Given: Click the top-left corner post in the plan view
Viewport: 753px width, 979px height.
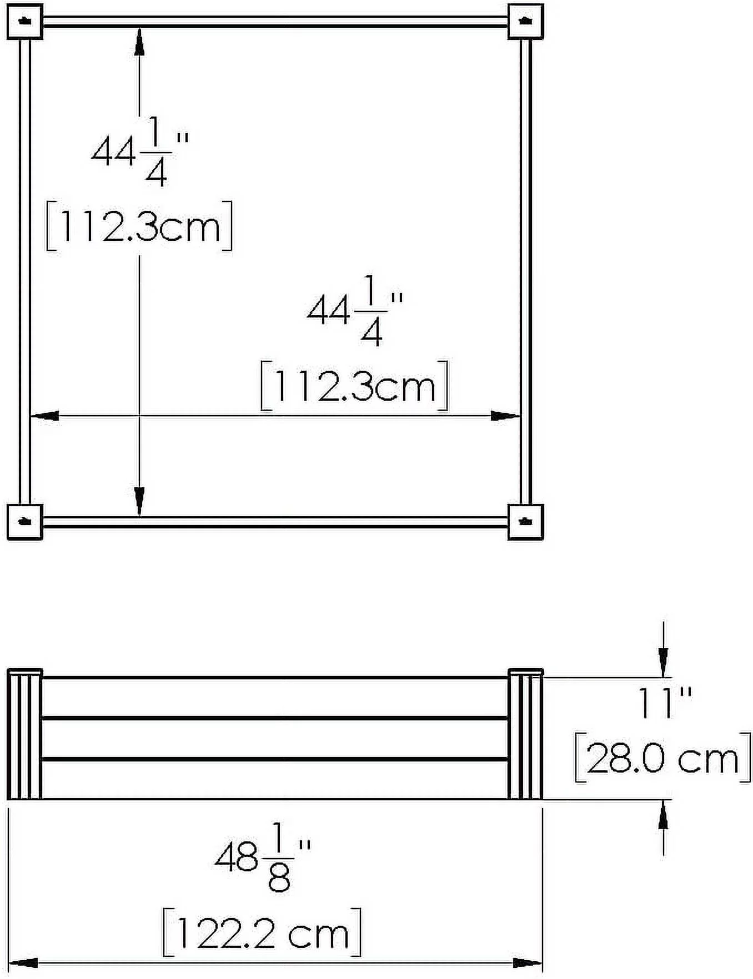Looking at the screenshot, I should [25, 22].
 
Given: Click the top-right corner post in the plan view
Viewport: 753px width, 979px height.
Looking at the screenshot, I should [525, 22].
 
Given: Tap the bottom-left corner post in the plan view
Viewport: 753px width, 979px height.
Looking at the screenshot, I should [25, 521].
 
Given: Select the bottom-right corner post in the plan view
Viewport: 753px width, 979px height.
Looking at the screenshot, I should [525, 521].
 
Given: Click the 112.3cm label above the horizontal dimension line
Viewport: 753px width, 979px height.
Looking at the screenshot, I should [354, 386].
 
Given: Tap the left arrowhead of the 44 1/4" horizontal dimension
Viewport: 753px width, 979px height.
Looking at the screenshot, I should [44, 416].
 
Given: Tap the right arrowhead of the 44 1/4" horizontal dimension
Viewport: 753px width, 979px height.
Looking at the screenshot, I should [504, 416].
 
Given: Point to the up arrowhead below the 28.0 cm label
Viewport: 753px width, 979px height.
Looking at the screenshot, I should [663, 816].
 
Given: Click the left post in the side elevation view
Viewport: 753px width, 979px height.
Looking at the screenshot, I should [25, 735].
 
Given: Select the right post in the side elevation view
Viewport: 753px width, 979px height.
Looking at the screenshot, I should [525, 735].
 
